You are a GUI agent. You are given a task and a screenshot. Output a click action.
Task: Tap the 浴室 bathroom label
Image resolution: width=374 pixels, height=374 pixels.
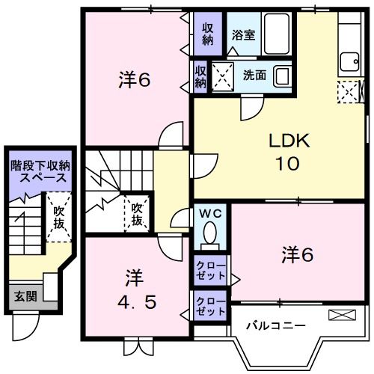point(243,34)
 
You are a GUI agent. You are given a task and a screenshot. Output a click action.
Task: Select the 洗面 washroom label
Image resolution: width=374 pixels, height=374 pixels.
point(254,75)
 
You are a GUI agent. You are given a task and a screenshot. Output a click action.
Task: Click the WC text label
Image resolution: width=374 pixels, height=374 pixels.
point(211,212)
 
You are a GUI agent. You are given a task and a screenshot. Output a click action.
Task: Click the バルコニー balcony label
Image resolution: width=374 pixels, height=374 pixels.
point(276,326)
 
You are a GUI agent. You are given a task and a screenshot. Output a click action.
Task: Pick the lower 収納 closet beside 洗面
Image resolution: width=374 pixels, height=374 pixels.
point(201,77)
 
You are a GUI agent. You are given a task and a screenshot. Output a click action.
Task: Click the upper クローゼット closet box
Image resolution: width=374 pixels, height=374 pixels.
point(211,269)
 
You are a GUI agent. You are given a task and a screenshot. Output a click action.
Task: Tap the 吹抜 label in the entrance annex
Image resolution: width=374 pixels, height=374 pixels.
point(59,218)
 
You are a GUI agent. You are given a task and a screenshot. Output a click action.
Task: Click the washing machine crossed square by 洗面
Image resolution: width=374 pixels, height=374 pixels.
point(222,76)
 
